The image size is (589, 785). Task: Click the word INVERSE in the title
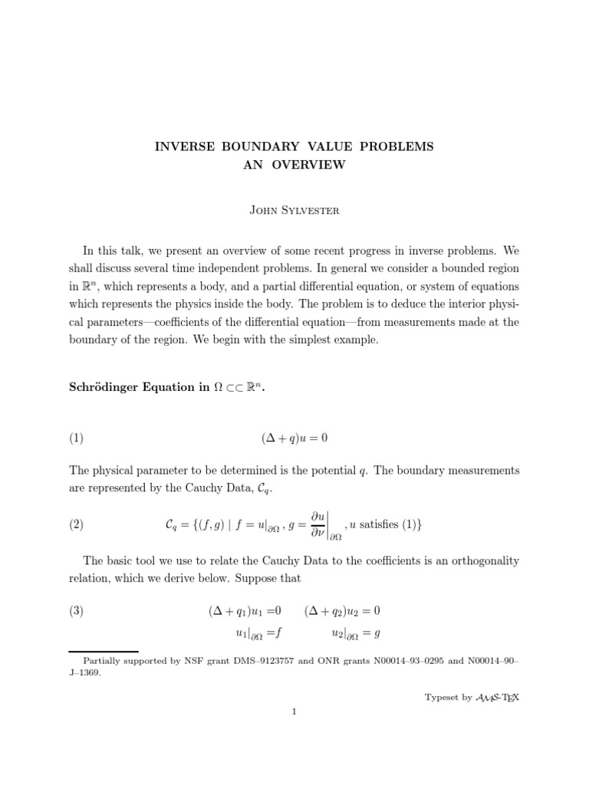pos(186,146)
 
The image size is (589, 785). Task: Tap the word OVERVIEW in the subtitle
pos(310,164)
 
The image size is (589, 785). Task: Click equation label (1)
pos(76,438)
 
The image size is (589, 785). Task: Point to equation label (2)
pos(76,525)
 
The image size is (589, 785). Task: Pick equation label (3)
pos(76,611)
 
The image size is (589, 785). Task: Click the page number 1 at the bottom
pos(294,711)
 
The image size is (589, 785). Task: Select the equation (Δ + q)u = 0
pos(294,438)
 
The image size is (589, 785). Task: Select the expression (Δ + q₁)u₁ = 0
pos(245,611)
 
